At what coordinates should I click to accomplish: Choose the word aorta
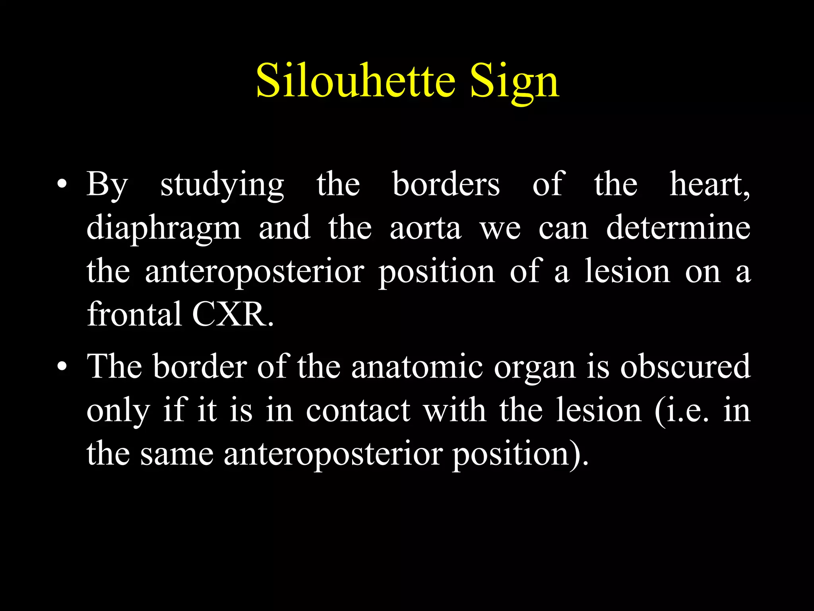tap(425, 229)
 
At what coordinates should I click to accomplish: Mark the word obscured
tap(685, 366)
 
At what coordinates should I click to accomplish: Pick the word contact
tap(358, 411)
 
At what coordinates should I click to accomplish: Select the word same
tap(177, 454)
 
